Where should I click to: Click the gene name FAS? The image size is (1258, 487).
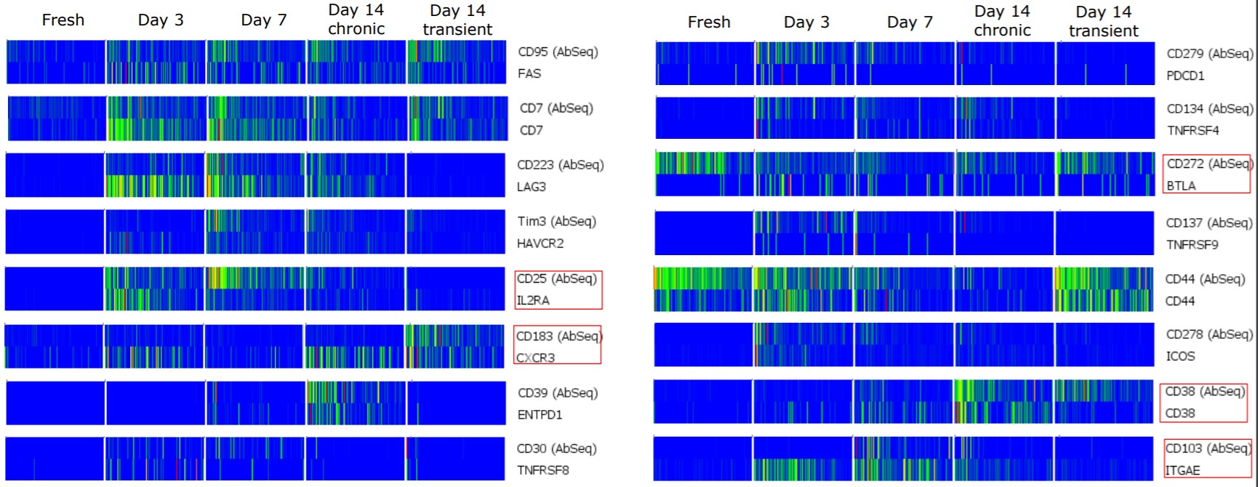529,73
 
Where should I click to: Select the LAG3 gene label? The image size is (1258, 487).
532,187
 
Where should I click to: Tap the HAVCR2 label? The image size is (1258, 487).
540,243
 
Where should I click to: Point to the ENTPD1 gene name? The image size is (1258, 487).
540,415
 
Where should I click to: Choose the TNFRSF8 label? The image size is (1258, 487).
542,470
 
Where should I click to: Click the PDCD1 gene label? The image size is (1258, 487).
1185,76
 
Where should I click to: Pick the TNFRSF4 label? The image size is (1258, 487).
1193,131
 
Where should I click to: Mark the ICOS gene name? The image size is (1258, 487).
1180,356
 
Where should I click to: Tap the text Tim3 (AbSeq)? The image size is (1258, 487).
557,222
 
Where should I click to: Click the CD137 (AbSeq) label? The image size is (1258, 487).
1209,223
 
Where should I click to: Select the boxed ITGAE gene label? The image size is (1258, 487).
1182,470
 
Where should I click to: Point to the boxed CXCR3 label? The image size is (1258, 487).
535,358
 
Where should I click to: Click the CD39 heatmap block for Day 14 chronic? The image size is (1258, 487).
356,403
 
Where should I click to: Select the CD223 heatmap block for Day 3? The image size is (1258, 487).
155,174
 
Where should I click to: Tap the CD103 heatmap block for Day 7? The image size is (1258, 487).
902,458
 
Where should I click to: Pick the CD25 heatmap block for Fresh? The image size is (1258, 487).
55,289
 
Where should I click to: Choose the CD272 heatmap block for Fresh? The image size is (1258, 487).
704,174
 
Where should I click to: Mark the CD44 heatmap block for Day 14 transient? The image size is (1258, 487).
1104,289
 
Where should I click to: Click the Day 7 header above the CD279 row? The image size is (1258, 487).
909,23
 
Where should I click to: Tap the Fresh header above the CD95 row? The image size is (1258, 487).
63,20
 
